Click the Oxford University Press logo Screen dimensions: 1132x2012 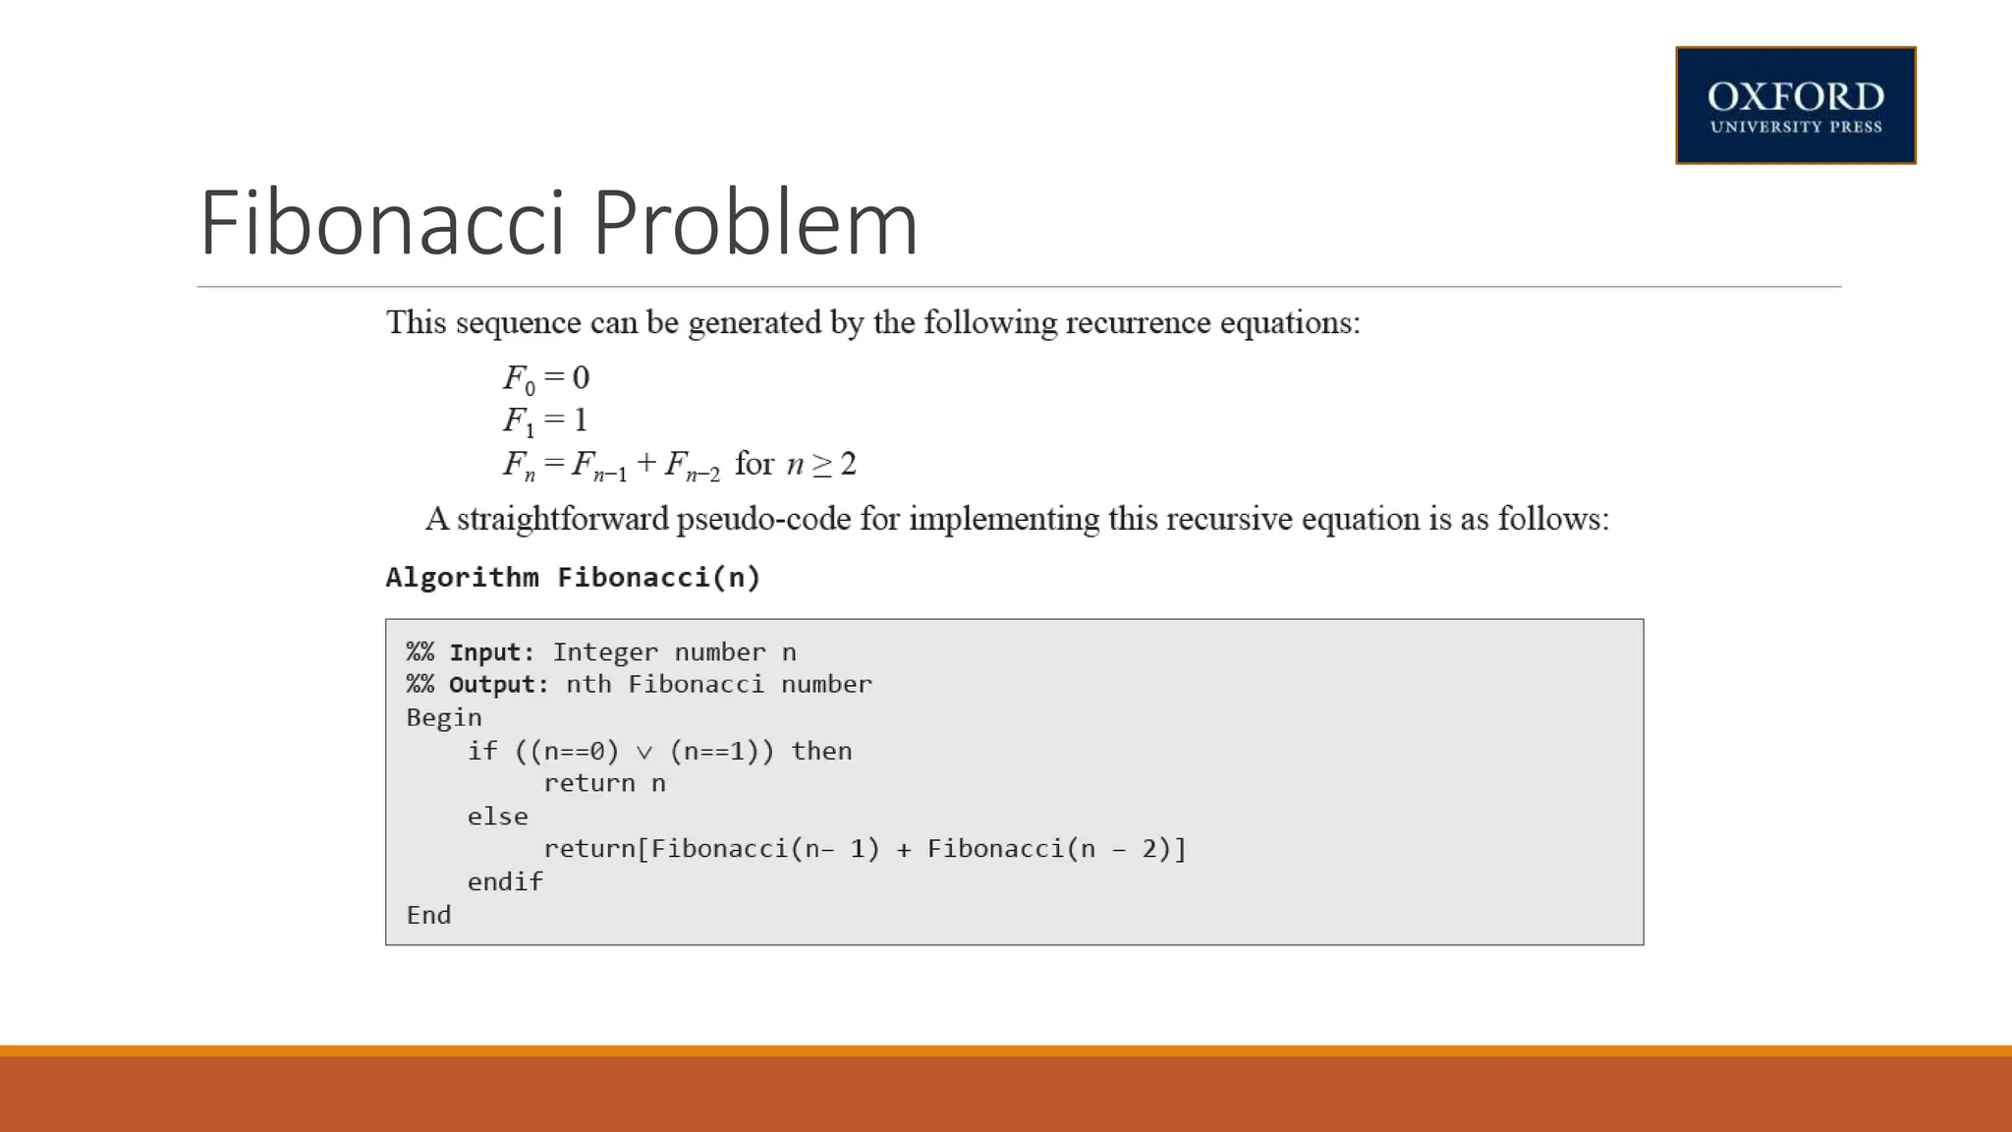(x=1795, y=105)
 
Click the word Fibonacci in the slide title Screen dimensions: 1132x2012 (x=382, y=223)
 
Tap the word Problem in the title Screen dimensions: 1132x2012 (x=754, y=223)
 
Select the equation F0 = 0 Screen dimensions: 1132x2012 (x=546, y=378)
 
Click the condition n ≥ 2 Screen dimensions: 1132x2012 (x=821, y=464)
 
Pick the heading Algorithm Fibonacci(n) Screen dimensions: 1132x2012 (x=573, y=577)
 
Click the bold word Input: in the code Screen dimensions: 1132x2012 (x=491, y=652)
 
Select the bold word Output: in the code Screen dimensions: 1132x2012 (x=498, y=685)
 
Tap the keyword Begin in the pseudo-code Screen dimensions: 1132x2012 (x=444, y=718)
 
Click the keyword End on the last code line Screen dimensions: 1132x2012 (x=428, y=915)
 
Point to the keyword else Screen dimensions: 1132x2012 (x=497, y=817)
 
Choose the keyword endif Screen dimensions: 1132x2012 (x=505, y=882)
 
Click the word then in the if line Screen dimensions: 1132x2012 (x=821, y=752)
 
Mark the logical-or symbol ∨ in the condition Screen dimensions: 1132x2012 (x=644, y=753)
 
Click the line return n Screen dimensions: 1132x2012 (x=604, y=784)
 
